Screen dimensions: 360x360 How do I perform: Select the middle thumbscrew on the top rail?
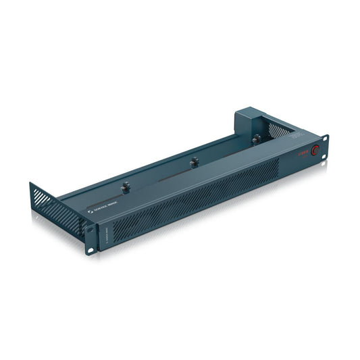(194, 161)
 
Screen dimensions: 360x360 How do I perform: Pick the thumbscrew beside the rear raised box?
(255, 139)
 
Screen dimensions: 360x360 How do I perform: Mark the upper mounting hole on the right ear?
(326, 140)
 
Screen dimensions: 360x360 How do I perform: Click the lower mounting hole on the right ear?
(324, 159)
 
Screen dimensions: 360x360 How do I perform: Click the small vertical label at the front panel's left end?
(102, 234)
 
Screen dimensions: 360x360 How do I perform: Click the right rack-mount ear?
(325, 149)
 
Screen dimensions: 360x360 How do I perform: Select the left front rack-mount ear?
(90, 240)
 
